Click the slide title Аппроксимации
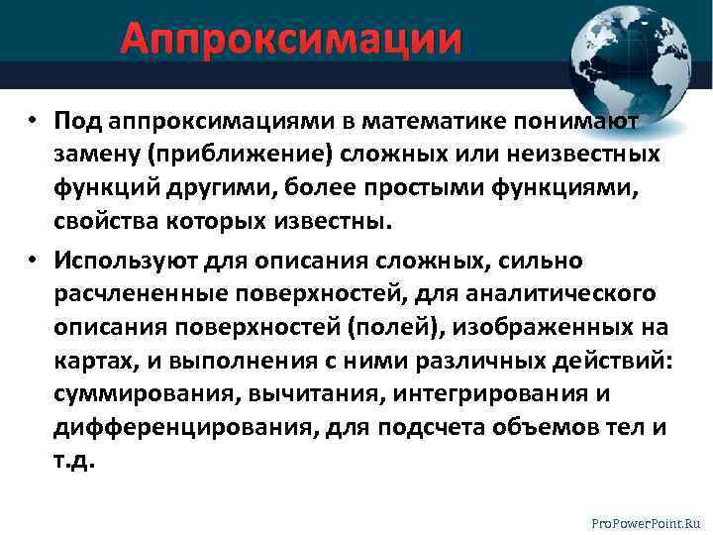(x=291, y=41)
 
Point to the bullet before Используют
(x=33, y=261)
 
